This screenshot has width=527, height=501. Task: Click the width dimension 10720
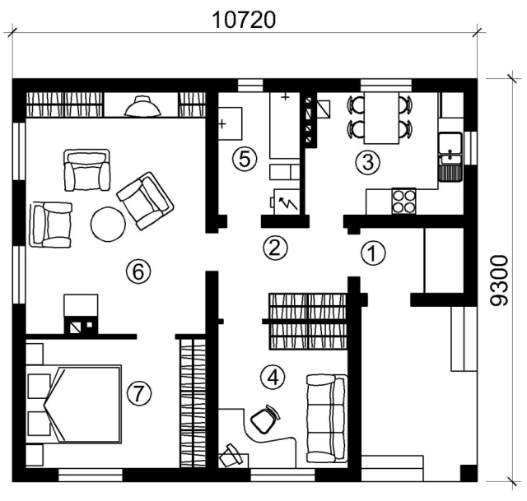(245, 20)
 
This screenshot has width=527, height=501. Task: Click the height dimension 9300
(499, 281)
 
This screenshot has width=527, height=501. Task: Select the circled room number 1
(373, 253)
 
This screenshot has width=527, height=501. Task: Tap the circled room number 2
(275, 248)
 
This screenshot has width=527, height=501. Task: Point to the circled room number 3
(368, 163)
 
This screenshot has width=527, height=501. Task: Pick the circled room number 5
(245, 159)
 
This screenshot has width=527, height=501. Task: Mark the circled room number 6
(138, 271)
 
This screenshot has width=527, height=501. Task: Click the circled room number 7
(139, 393)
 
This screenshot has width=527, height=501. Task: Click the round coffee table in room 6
(108, 224)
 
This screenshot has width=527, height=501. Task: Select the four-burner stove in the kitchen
(403, 201)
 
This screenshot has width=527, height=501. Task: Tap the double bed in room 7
(73, 404)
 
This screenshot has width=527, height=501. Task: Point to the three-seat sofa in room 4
(326, 419)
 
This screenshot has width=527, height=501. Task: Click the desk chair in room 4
(265, 419)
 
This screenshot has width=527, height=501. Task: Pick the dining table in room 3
(381, 118)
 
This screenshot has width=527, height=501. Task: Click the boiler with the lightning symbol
(287, 202)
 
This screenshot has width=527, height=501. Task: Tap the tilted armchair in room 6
(145, 201)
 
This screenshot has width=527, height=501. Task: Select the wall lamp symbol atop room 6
(142, 106)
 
